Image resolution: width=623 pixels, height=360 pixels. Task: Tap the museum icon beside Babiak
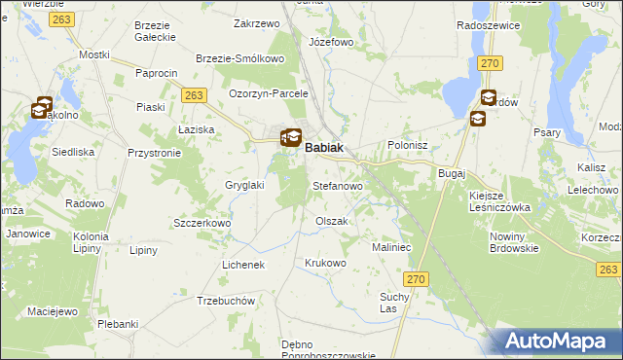[291, 138]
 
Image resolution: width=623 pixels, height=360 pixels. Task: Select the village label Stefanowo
[337, 185]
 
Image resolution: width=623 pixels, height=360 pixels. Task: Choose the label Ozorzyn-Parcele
[269, 93]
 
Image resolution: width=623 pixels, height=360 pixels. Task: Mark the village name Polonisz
[408, 144]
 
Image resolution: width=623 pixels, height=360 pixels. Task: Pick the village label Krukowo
[325, 264]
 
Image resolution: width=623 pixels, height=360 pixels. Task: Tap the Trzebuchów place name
[226, 301]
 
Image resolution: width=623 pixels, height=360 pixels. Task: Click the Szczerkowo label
[200, 223]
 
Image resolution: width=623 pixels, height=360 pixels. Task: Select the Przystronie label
[155, 153]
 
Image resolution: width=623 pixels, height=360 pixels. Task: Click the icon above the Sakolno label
[42, 108]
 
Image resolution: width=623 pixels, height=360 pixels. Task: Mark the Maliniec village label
[394, 248]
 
